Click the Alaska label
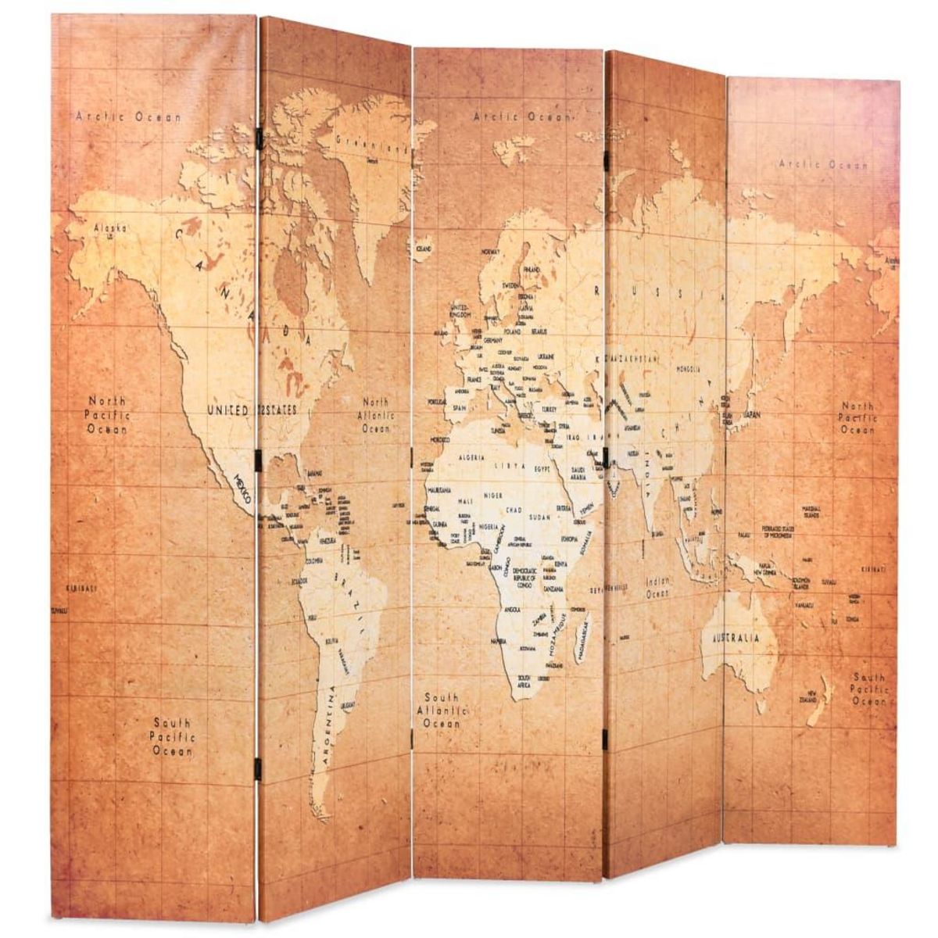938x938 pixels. (109, 228)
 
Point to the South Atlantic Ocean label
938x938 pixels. (442, 710)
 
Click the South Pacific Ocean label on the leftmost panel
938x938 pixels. (171, 737)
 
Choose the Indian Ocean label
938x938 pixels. (657, 588)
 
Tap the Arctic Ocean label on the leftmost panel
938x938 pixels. (129, 116)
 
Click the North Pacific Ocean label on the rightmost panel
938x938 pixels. (857, 418)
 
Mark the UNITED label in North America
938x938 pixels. (227, 410)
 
